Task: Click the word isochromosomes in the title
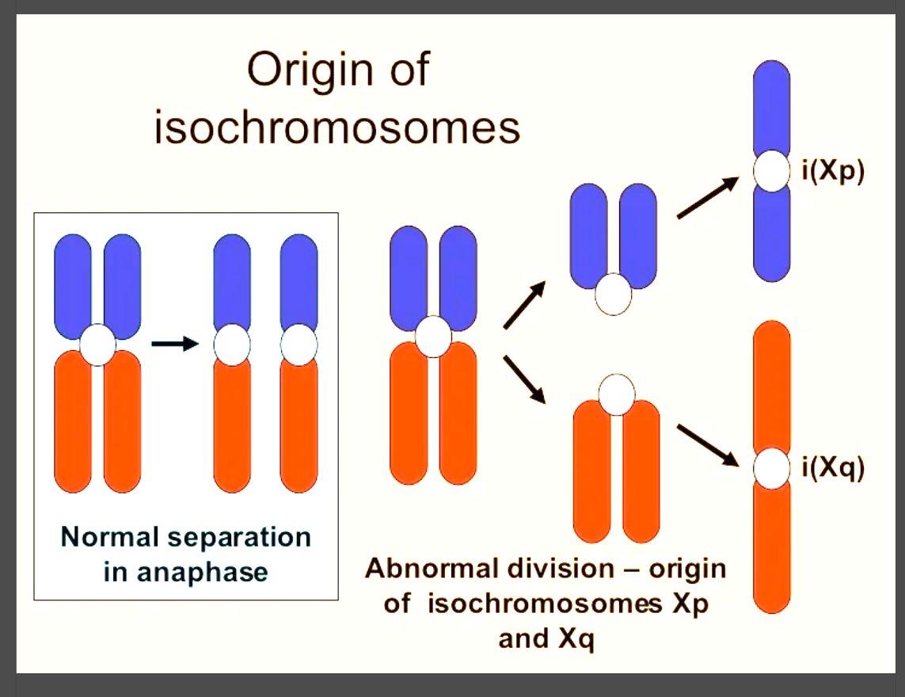tap(337, 127)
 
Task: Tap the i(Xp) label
tap(832, 172)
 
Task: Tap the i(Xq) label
tap(832, 469)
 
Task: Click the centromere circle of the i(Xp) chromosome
tap(771, 172)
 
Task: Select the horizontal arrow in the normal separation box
tap(173, 344)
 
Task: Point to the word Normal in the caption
tap(110, 537)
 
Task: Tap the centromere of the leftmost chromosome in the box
tap(98, 345)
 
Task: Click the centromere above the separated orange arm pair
tap(618, 394)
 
